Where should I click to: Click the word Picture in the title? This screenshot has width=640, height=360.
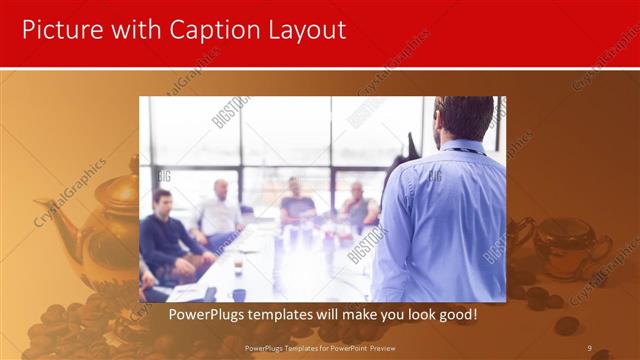(59, 30)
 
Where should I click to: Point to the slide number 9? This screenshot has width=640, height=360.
(590, 348)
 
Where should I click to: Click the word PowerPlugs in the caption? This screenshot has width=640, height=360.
(208, 314)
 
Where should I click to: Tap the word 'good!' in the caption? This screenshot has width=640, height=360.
(456, 314)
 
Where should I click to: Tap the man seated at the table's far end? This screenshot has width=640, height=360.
(297, 200)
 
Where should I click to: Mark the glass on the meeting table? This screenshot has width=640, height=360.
(238, 264)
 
